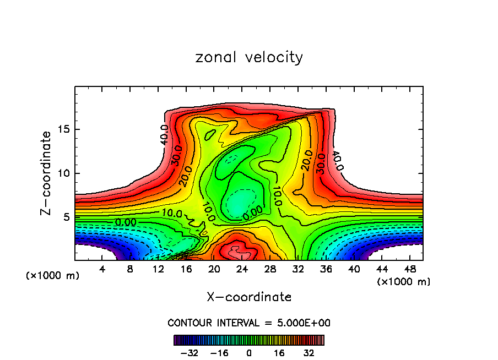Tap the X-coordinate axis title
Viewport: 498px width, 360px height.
point(249,297)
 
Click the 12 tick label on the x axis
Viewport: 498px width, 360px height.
point(158,269)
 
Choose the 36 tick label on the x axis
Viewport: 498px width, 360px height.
point(326,269)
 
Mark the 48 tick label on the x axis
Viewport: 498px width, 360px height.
point(409,269)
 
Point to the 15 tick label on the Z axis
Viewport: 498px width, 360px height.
point(64,130)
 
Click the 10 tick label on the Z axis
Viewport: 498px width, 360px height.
point(64,173)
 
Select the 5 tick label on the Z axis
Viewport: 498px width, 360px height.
point(68,217)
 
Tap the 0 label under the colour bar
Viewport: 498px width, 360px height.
point(249,353)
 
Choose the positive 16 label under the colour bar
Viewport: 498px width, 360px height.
point(279,353)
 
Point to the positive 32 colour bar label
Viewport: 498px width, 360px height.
point(309,353)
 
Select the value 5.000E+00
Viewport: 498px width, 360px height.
point(305,323)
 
